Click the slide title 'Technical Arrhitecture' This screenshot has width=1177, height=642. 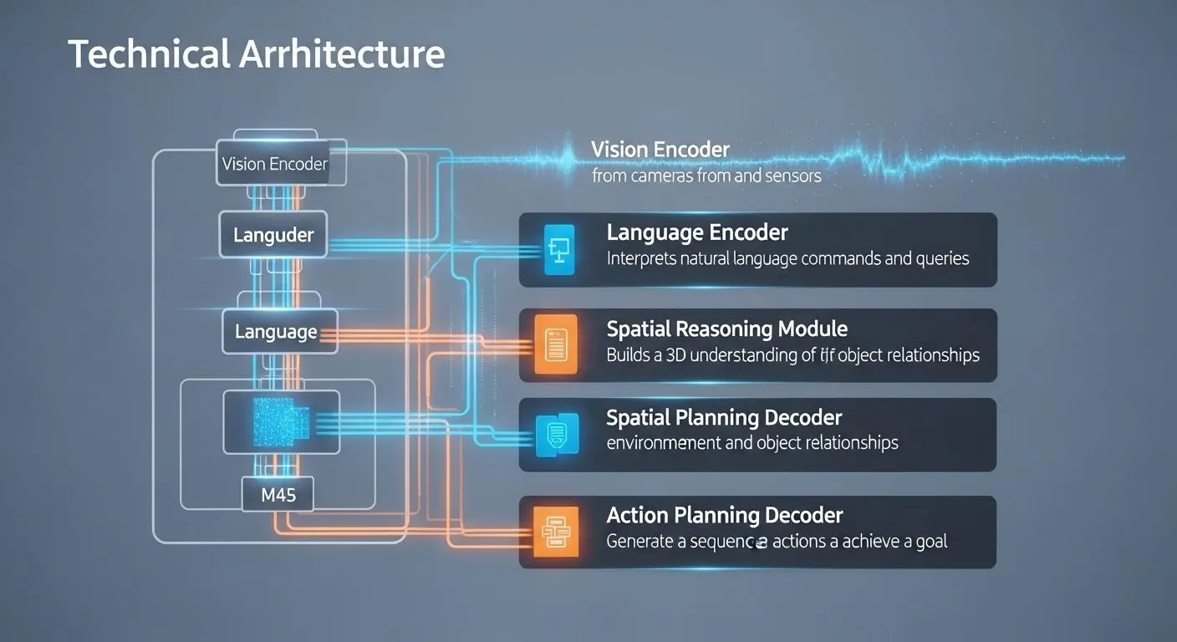pos(256,54)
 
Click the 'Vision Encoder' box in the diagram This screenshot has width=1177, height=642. pos(275,163)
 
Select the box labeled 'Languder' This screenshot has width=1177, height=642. pos(273,235)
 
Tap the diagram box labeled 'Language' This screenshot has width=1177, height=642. pos(276,332)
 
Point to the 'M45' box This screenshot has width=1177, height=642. pos(278,495)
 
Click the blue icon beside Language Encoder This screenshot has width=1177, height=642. pos(560,249)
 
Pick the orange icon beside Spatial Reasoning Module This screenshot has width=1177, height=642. pos(556,344)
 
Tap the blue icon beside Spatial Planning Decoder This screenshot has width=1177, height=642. pos(556,433)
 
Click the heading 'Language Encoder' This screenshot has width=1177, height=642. pos(697,232)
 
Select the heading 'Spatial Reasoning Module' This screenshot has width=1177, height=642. pos(726,329)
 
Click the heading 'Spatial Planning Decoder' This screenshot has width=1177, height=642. pos(724,417)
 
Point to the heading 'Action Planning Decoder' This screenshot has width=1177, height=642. pos(724,515)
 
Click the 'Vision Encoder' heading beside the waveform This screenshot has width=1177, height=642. pos(660,150)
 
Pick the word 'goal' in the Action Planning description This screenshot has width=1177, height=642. pos(930,541)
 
